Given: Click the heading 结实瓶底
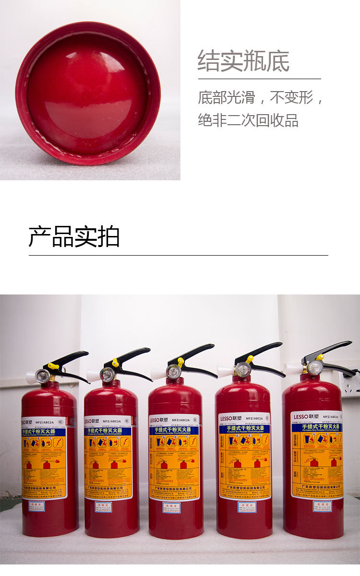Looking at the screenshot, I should coord(243,61).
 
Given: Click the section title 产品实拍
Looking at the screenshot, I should coord(74,236).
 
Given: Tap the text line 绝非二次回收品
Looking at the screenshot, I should coord(248,120).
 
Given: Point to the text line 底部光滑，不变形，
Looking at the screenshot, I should coord(261,97).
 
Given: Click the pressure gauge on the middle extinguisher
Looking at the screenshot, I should coord(173,371).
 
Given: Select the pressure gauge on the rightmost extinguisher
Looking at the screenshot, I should coord(315,368).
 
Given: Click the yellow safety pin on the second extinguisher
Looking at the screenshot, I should coord(115,363).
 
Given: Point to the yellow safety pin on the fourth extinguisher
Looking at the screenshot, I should coord(250,359).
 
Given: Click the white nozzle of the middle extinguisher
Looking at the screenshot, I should coord(158,373).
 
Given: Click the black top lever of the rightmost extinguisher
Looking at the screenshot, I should coord(331,350).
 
